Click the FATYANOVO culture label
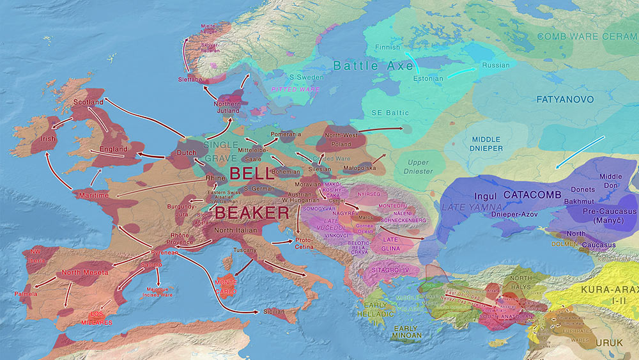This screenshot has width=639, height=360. [564, 100]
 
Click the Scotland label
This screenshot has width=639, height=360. [88, 102]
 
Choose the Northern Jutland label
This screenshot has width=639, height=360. [227, 107]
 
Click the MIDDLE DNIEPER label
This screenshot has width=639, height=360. [486, 144]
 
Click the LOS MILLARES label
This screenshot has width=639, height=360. [96, 318]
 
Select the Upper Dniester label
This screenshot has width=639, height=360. [419, 167]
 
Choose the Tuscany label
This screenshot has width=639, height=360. [245, 250]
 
